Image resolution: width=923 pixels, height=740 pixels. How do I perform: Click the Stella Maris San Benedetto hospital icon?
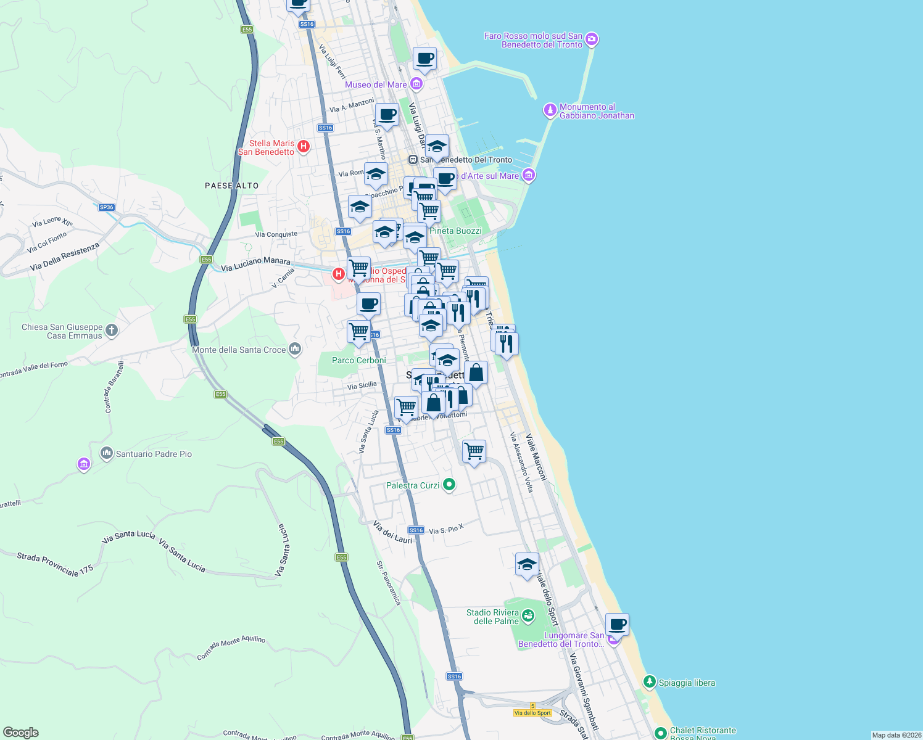click(303, 147)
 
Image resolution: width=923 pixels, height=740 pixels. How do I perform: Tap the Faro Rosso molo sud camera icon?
click(592, 39)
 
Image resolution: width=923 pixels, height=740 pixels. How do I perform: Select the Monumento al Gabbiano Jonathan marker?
click(550, 110)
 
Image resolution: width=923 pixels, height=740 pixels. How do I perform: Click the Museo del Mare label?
click(376, 84)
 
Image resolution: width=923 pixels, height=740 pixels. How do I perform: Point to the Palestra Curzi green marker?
click(449, 485)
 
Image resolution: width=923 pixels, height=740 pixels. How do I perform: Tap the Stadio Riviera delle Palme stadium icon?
click(528, 615)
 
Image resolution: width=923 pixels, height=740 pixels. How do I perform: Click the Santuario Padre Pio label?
click(154, 454)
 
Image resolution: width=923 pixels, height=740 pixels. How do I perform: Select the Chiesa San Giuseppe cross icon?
click(111, 331)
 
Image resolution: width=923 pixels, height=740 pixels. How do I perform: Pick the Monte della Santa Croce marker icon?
click(295, 349)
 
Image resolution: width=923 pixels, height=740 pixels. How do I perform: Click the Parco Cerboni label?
click(358, 360)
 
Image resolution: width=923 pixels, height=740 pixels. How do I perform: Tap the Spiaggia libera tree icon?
click(649, 681)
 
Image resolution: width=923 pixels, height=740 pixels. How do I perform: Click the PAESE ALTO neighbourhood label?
click(232, 186)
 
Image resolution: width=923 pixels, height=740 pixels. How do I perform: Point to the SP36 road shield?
click(107, 207)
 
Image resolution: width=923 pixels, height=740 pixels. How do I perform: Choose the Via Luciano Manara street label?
click(255, 264)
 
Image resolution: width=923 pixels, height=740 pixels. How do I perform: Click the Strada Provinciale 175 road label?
click(55, 564)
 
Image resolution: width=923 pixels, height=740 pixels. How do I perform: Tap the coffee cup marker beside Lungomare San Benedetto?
click(617, 624)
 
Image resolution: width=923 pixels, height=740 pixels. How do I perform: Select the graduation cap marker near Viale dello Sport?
click(527, 564)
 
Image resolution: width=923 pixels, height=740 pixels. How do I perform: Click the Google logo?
click(20, 732)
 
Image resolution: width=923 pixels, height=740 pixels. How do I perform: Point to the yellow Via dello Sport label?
click(532, 713)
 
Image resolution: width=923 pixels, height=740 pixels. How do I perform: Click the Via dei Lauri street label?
click(392, 532)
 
